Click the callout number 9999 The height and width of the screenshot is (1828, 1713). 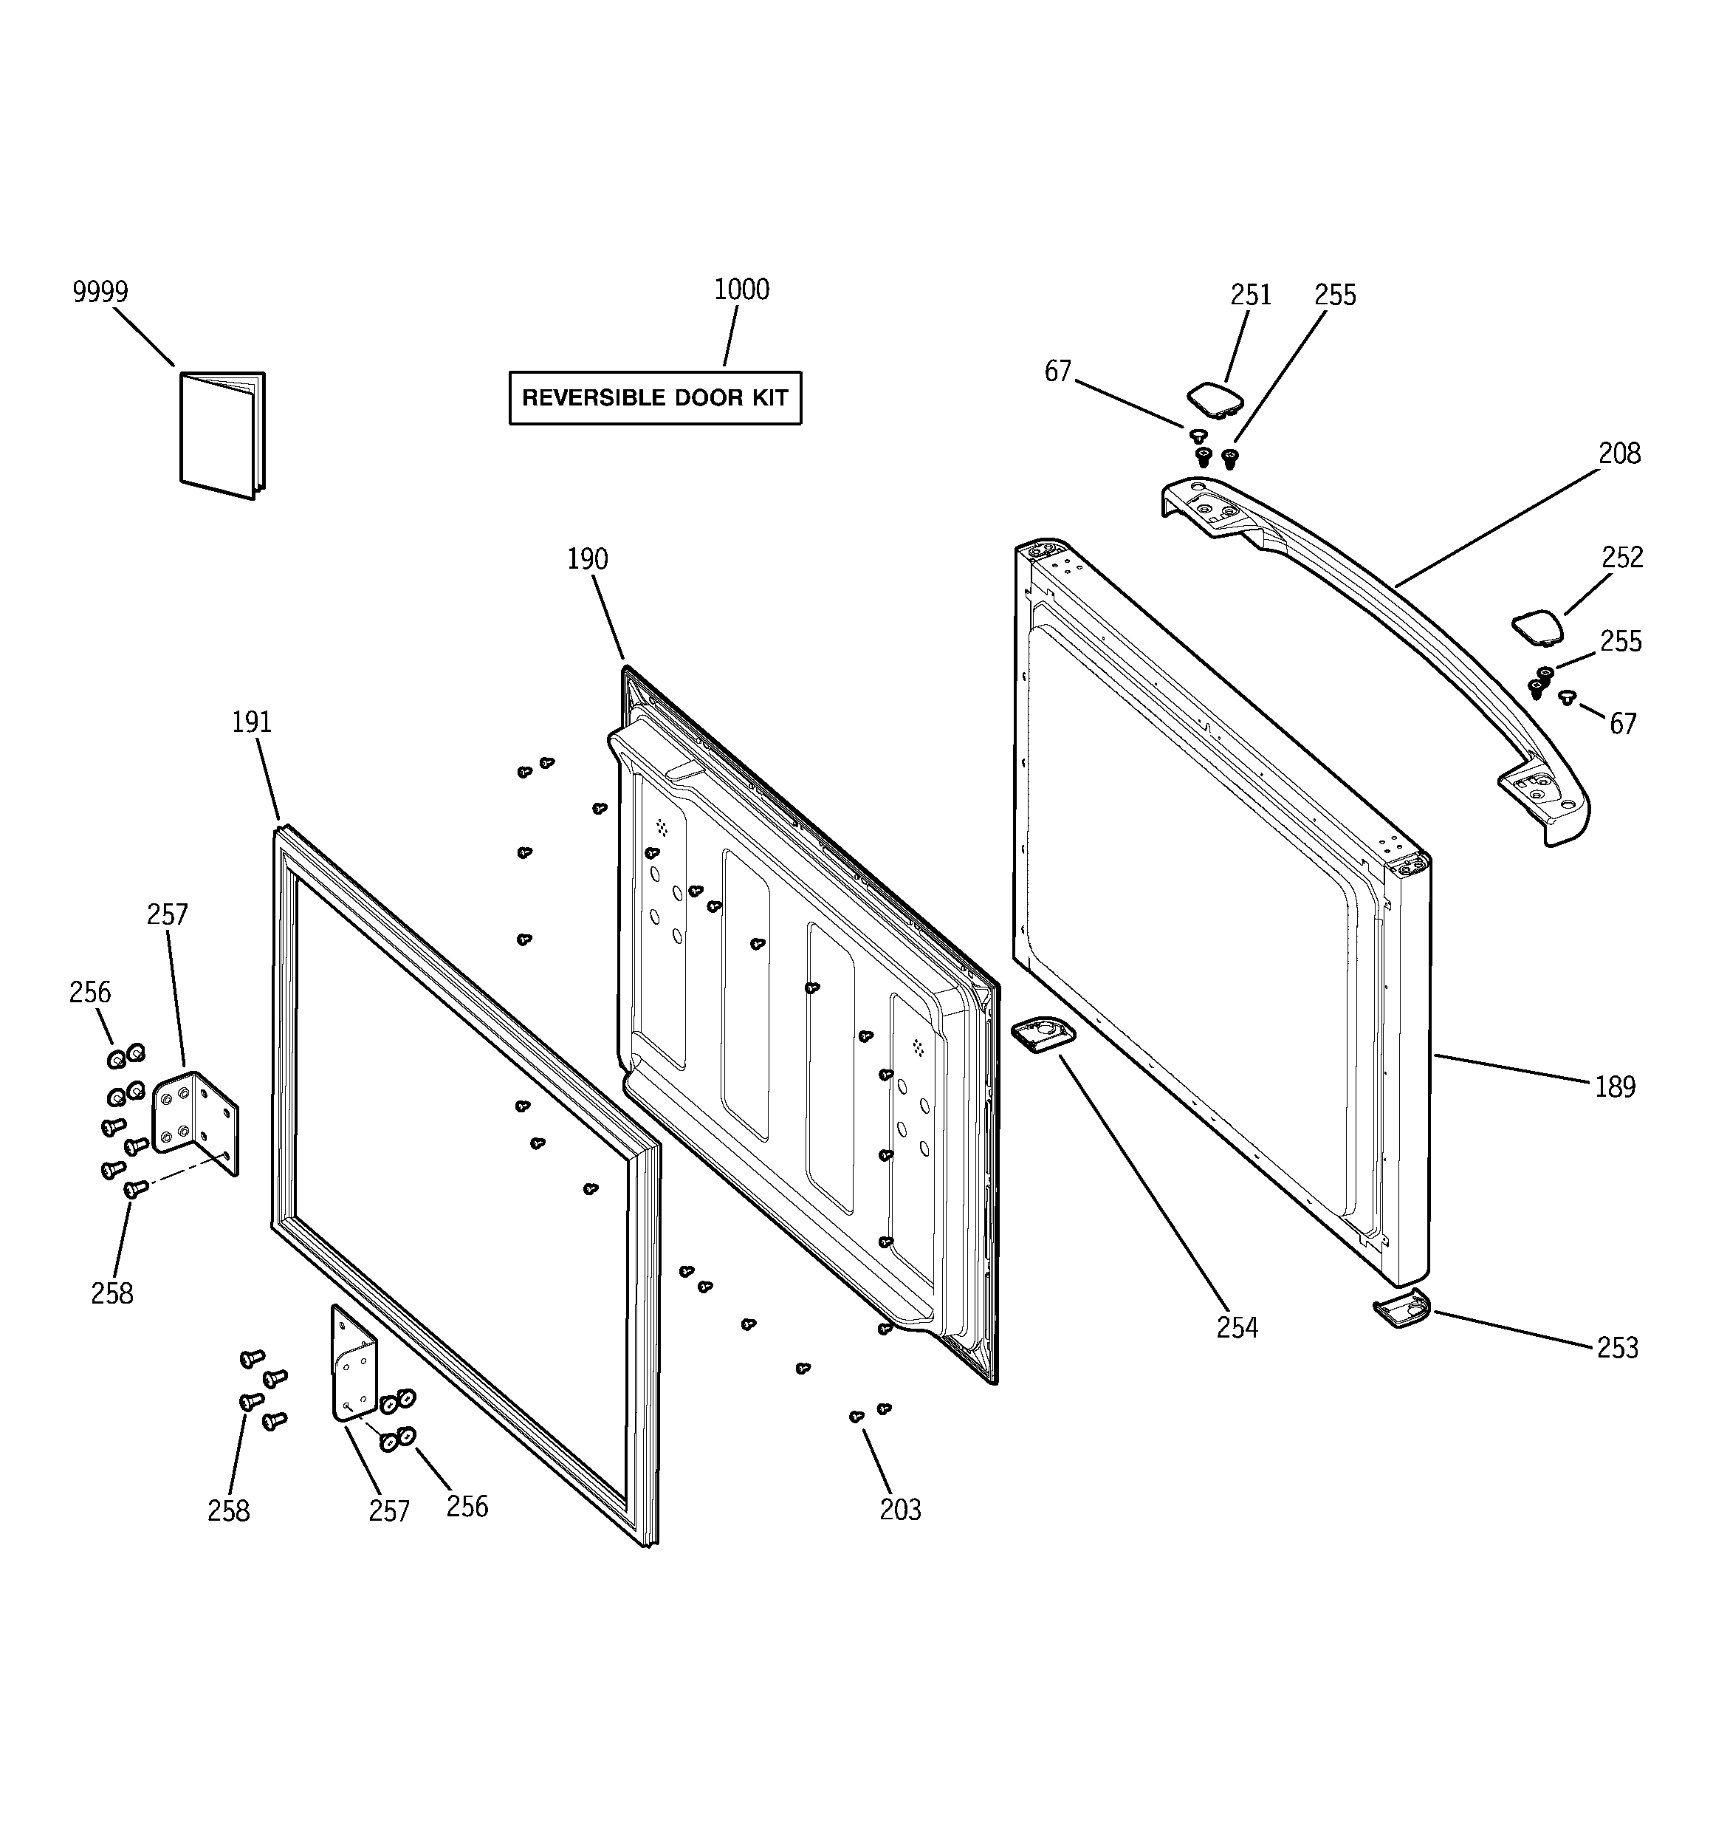(100, 292)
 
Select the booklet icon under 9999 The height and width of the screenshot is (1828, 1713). (222, 434)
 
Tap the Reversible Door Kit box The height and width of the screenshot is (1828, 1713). (655, 398)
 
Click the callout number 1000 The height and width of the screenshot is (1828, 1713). (741, 290)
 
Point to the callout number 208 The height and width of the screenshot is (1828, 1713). (1618, 453)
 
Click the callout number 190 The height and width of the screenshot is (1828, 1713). (588, 559)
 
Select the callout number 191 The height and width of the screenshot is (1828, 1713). (251, 723)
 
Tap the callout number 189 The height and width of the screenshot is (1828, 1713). (1615, 1087)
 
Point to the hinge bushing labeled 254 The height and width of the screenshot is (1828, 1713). (1043, 1035)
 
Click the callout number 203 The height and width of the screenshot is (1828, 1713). (899, 1510)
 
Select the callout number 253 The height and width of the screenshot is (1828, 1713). (1616, 1348)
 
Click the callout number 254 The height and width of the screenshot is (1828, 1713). (1237, 1328)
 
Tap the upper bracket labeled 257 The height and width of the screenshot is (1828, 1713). (194, 1122)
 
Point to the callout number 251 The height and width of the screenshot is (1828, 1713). (1251, 295)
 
